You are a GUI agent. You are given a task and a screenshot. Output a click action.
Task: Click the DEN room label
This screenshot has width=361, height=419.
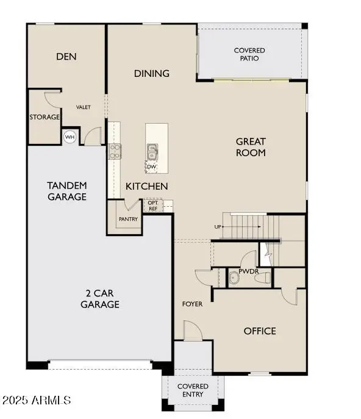pyautogui.click(x=66, y=57)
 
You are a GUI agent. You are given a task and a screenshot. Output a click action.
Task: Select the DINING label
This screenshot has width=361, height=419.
pyautogui.click(x=152, y=74)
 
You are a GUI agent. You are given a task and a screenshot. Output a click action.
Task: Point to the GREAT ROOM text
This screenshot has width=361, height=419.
pyautogui.click(x=251, y=147)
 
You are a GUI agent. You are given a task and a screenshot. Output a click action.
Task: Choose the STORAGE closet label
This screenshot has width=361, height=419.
pyautogui.click(x=45, y=117)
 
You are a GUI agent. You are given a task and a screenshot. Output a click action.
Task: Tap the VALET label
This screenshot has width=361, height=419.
pyautogui.click(x=84, y=107)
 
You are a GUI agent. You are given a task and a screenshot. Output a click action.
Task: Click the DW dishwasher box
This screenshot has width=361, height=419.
pyautogui.click(x=152, y=166)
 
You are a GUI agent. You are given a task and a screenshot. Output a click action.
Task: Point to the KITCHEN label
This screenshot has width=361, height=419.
pyautogui.click(x=147, y=186)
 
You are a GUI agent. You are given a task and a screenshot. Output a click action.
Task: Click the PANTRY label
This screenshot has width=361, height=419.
pyautogui.click(x=128, y=220)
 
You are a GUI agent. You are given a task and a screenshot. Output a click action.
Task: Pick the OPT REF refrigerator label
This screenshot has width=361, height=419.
pyautogui.click(x=153, y=206)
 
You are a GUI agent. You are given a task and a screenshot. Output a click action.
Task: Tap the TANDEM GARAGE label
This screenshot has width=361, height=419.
pyautogui.click(x=67, y=191)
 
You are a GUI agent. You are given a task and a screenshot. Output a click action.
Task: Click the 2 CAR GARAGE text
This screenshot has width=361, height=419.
pyautogui.click(x=99, y=299)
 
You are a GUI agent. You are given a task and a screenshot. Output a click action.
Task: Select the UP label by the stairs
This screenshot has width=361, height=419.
pyautogui.click(x=218, y=227)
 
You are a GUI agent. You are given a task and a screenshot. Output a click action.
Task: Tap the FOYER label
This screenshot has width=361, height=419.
pyautogui.click(x=192, y=304)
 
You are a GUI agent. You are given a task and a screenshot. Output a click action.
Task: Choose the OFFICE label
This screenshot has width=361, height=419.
pyautogui.click(x=260, y=331)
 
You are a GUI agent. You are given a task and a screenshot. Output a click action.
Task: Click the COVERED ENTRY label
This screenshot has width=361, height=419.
pyautogui.click(x=193, y=390)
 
